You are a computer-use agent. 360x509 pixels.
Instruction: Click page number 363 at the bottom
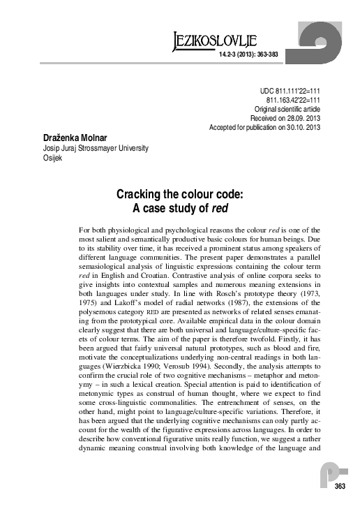click(x=340, y=486)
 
